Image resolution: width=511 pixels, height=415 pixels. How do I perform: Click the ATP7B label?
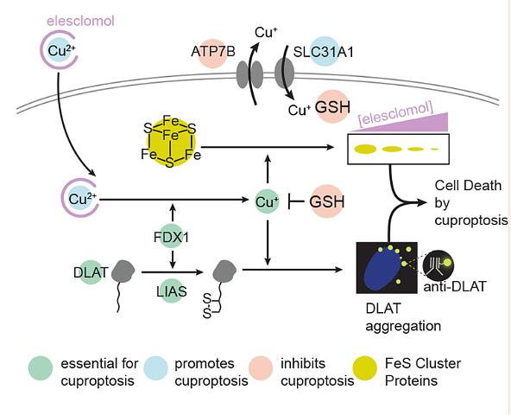point(213,52)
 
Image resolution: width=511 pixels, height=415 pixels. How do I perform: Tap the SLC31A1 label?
point(324,52)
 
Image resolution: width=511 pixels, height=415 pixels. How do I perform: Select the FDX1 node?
point(172,237)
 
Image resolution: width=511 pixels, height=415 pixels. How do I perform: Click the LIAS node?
point(172,291)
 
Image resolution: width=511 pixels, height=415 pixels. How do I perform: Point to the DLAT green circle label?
point(91,272)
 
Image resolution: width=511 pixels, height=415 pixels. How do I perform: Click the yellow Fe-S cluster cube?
point(170,142)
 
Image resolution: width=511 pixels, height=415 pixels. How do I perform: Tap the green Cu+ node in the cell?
point(267,201)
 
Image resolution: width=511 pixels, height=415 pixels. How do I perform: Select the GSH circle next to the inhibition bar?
point(327,201)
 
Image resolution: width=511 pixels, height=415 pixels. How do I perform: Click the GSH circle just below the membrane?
point(332,106)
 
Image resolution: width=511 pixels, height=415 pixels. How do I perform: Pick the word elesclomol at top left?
point(80,21)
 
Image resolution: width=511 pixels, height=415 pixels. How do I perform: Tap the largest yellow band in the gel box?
point(365,149)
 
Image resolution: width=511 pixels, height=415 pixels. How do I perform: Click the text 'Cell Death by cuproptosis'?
point(471,203)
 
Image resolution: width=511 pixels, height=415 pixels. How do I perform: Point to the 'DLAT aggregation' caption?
point(403,317)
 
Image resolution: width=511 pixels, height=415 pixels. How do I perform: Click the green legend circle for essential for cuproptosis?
point(41,368)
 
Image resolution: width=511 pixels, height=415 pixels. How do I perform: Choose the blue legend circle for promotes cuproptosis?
point(155,368)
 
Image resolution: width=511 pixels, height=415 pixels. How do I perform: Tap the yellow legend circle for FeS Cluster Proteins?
point(365,368)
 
